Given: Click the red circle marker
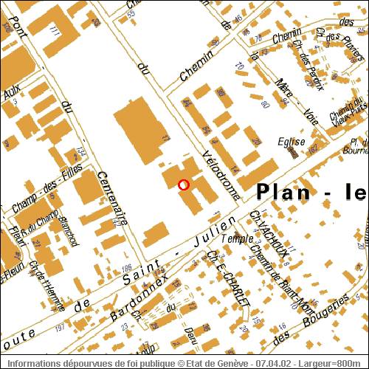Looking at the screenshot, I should coord(184,184).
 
